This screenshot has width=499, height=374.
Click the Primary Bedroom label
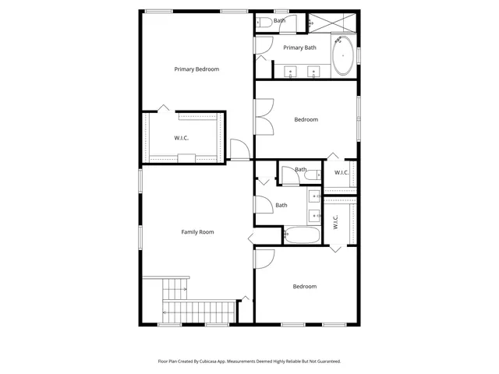coord(196,69)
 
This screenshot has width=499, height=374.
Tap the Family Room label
coord(197,232)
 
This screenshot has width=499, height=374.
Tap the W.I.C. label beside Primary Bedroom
coord(182,138)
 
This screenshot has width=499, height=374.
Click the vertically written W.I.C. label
coord(335,223)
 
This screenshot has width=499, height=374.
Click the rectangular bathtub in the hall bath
coord(301,235)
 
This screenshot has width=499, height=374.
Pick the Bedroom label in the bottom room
coord(305,287)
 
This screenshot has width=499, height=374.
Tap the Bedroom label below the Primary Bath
coord(306,119)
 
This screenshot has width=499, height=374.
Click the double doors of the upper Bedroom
coord(264,116)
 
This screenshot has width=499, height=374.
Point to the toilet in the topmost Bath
coord(264,23)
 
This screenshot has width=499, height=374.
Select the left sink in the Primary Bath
coord(292,72)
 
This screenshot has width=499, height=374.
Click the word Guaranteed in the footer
coord(326,362)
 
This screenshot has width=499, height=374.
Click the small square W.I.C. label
coord(342,172)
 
